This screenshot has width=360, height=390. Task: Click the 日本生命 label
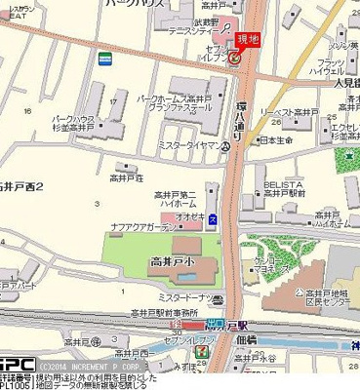click(x=278, y=141)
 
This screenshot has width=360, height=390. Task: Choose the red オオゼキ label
click(x=189, y=216)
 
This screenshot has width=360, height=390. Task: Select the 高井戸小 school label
click(x=173, y=262)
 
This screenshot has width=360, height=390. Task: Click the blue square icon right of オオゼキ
click(x=213, y=216)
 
